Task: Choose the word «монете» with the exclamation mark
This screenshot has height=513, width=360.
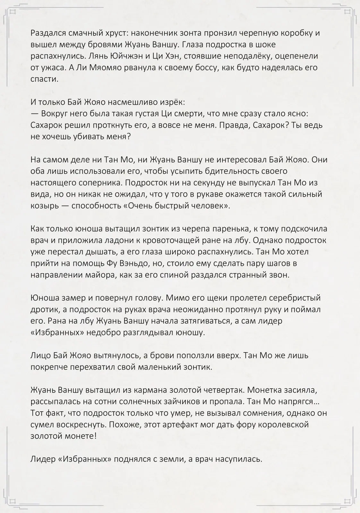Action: [82, 436]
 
